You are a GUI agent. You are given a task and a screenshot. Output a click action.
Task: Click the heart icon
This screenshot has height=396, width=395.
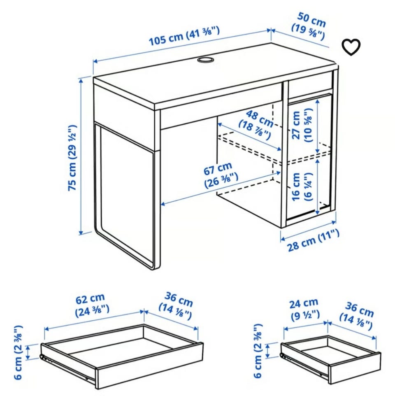click(351, 47)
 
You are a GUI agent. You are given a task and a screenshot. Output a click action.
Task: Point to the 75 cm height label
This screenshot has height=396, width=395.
click(72, 158)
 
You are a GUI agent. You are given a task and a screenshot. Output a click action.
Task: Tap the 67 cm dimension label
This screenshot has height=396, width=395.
click(221, 175)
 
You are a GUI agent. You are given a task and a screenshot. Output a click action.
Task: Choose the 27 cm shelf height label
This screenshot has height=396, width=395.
click(302, 125)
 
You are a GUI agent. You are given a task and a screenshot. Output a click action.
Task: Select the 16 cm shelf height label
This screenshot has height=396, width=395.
click(302, 187)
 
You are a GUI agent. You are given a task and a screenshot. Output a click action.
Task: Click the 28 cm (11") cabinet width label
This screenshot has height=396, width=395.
click(314, 240)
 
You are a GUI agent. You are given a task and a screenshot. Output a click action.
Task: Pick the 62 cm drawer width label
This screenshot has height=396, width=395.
click(92, 305)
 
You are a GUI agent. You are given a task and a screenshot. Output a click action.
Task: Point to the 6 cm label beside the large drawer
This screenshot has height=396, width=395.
click(19, 352)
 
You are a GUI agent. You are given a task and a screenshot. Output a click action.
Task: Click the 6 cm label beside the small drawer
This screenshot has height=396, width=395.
click(258, 351)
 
